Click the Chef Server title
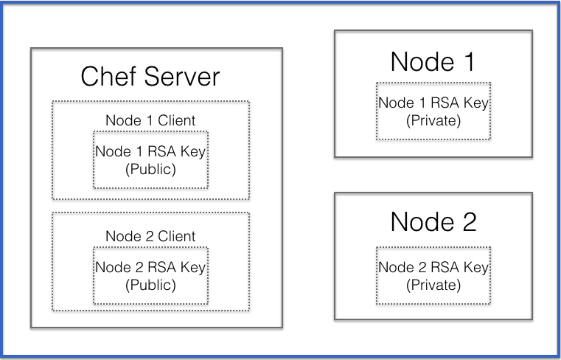tap(150, 77)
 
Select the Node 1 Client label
tap(150, 120)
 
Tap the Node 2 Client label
tap(150, 236)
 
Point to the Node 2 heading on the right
tap(433, 221)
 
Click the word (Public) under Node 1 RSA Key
tap(150, 169)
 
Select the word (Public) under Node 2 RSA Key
tap(150, 285)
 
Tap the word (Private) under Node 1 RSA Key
tap(433, 120)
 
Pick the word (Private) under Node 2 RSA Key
tap(433, 285)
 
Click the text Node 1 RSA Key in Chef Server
tap(150, 151)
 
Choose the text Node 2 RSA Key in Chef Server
tap(150, 268)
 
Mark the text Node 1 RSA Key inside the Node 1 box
tap(433, 103)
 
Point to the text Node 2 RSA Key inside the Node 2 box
tap(433, 268)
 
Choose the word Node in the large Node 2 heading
tap(418, 221)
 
